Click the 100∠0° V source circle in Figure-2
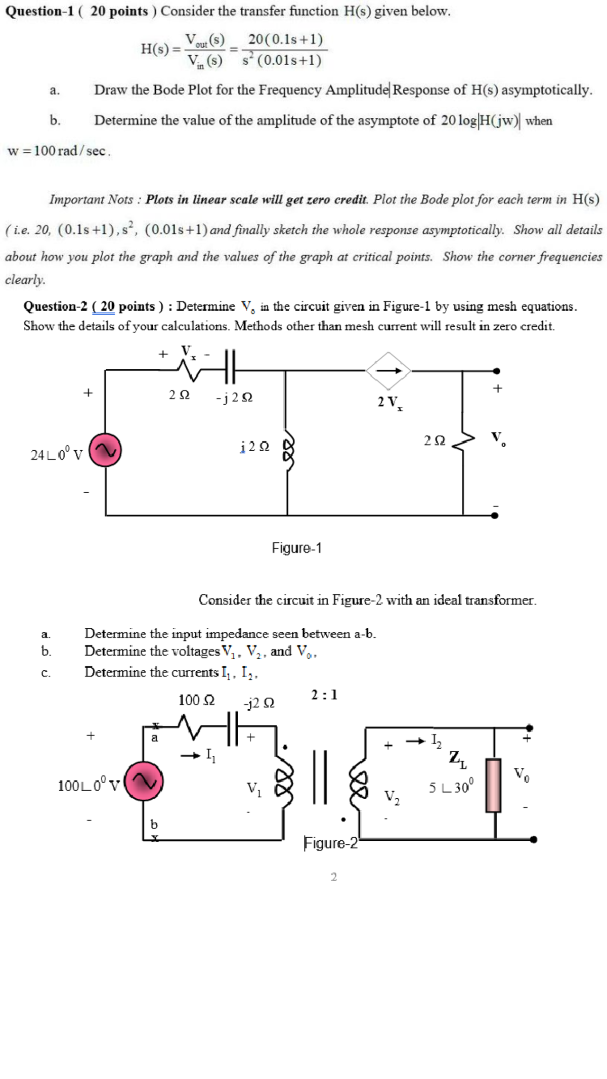[144, 782]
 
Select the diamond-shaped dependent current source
[388, 371]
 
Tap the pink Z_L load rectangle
[493, 785]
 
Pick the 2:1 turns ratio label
[324, 695]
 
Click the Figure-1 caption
[296, 548]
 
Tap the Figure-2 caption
[331, 843]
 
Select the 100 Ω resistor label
[196, 701]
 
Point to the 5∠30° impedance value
[451, 787]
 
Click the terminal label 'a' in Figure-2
[155, 738]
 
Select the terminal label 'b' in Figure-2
[154, 824]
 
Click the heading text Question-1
[39, 11]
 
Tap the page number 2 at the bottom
[333, 877]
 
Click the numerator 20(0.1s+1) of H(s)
[285, 39]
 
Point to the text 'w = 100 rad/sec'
[59, 151]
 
